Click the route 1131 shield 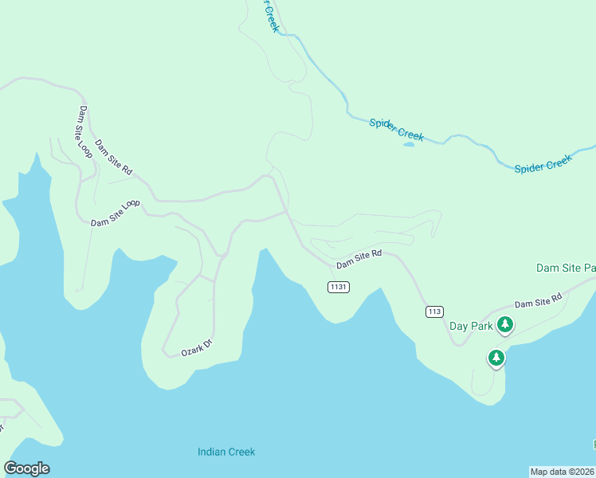(x=338, y=287)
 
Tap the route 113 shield (x=433, y=311)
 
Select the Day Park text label (x=470, y=326)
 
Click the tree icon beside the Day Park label (x=504, y=323)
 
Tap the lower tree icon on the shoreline (x=496, y=358)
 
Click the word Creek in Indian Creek (x=241, y=452)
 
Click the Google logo (x=27, y=468)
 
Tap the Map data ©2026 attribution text (x=562, y=472)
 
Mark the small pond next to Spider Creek (x=409, y=144)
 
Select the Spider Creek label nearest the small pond (x=396, y=128)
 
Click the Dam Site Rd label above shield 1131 (x=359, y=259)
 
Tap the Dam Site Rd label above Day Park (x=538, y=300)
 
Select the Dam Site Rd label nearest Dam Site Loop (x=113, y=157)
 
